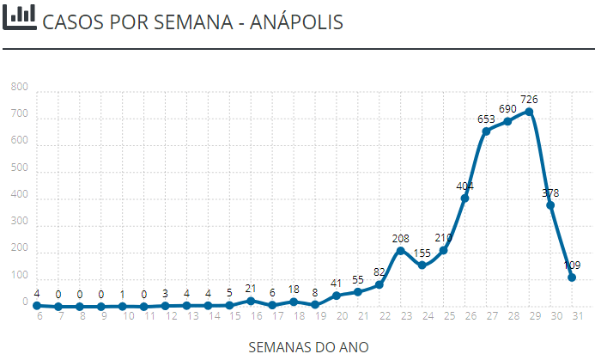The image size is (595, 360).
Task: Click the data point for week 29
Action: pyautogui.click(x=529, y=112)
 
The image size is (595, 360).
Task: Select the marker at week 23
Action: pyautogui.click(x=400, y=250)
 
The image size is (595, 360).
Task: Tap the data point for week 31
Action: pyautogui.click(x=572, y=278)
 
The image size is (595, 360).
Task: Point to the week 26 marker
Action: pyautogui.click(x=464, y=198)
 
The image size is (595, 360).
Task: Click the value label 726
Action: pyautogui.click(x=529, y=100)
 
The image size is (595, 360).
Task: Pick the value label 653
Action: pyautogui.click(x=486, y=119)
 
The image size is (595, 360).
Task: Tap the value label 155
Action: pyautogui.click(x=422, y=253)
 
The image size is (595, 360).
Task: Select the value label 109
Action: pyautogui.click(x=572, y=265)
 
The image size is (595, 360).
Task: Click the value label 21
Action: pyautogui.click(x=251, y=289)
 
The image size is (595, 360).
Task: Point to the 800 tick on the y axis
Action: pyautogui.click(x=20, y=88)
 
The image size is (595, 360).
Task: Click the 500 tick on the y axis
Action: pyautogui.click(x=20, y=169)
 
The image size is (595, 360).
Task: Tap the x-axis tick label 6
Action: pyautogui.click(x=39, y=315)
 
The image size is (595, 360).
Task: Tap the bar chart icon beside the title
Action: pyautogui.click(x=19, y=16)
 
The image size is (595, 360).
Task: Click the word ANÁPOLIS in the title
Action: pyautogui.click(x=296, y=21)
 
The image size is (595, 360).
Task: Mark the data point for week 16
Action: pyautogui.click(x=251, y=301)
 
